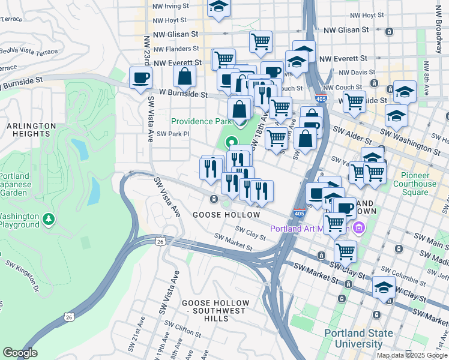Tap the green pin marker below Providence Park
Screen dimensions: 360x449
231,143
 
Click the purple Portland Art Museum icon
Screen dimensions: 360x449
359,227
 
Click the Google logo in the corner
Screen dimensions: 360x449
20,353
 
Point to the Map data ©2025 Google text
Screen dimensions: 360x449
412,355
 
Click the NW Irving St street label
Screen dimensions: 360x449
171,6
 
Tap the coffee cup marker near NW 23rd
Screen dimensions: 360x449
140,78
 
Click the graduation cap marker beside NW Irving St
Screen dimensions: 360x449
218,8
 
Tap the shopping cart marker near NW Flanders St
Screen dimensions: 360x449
261,42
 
